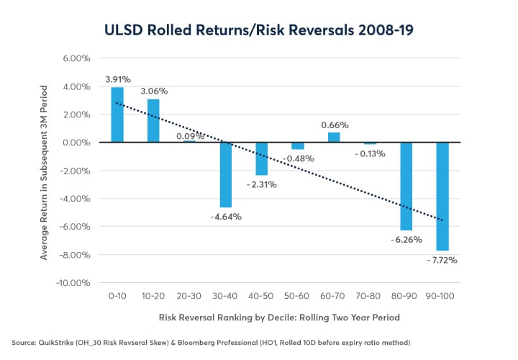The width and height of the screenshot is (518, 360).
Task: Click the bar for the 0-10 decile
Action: pos(117,115)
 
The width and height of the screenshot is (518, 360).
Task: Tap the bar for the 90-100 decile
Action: pos(443,197)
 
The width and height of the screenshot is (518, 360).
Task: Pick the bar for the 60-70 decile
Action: pos(335,138)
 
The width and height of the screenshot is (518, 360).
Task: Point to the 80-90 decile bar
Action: pos(406,186)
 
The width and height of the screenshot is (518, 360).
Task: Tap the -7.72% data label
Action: pos(446,259)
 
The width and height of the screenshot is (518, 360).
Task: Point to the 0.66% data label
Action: pos(335,125)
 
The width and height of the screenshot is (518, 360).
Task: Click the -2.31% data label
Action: pos(262,184)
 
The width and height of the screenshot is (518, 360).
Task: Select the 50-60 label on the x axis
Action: pos(298,297)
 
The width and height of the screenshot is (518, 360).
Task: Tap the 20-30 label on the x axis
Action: pos(189,297)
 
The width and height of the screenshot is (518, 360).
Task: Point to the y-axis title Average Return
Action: pos(45,171)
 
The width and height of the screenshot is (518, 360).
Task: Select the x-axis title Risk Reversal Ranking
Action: pos(280,318)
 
